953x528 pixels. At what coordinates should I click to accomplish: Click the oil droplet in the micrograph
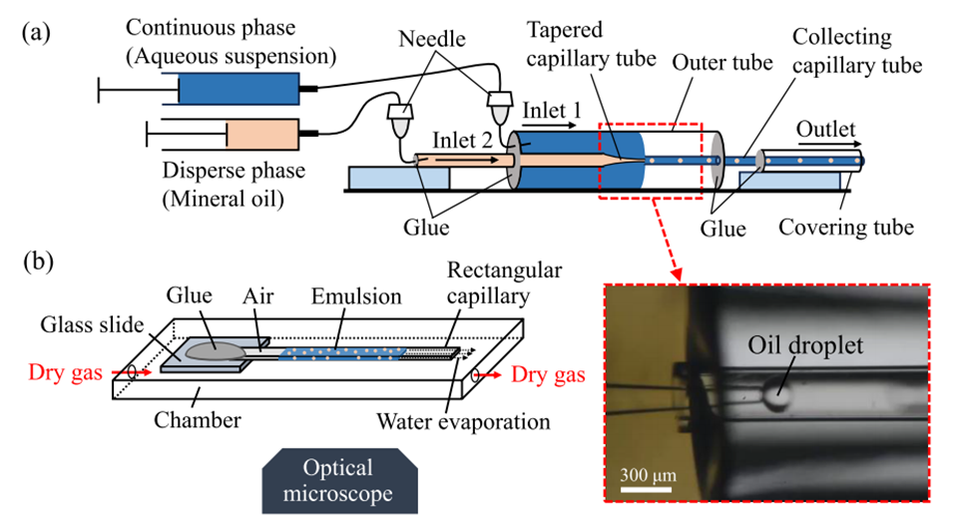(x=776, y=396)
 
